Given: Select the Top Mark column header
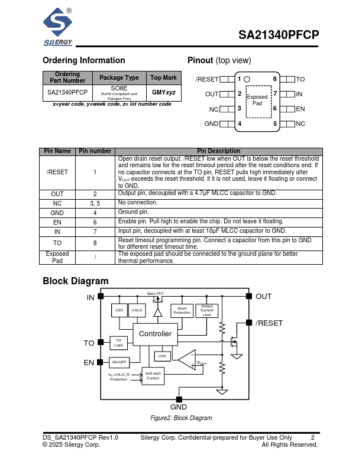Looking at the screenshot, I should point(163,78).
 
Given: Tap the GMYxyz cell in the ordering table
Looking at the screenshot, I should point(163,93).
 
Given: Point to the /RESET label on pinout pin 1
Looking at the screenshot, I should point(207,79).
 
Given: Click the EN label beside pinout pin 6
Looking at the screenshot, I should point(300,109).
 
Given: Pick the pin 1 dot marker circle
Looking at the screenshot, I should point(247,79).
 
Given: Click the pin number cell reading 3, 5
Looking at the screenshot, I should point(95,203).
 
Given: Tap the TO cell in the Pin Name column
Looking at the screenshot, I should point(57,242).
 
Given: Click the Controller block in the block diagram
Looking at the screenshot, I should point(155,334).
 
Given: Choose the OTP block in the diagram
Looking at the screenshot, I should point(163,356).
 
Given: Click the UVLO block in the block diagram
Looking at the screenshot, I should point(137,310).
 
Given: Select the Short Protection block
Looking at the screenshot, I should point(182,310).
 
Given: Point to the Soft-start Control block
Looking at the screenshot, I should point(153,376).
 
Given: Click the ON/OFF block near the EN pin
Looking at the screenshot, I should point(119,362).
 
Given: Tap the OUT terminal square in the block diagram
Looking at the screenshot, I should point(249,296).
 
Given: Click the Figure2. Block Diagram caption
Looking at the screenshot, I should point(180,418).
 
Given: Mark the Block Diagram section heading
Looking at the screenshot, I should point(76,281).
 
